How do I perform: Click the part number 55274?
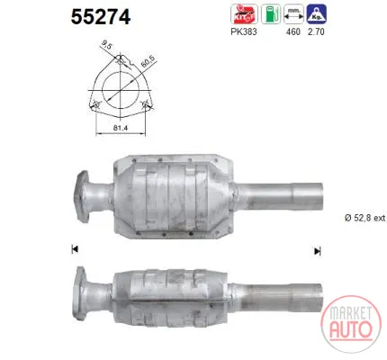pos(101,17)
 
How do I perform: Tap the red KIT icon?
pos(244,13)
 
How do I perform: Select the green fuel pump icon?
pos(271,13)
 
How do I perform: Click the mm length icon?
pos(293,13)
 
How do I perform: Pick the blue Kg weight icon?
pos(317,13)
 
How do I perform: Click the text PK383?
pos(244,31)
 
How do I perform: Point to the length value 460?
pos(292,31)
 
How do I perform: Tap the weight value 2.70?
pos(316,31)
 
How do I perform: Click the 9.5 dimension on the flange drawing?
pos(106,46)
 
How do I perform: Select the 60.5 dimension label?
pos(148,62)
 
